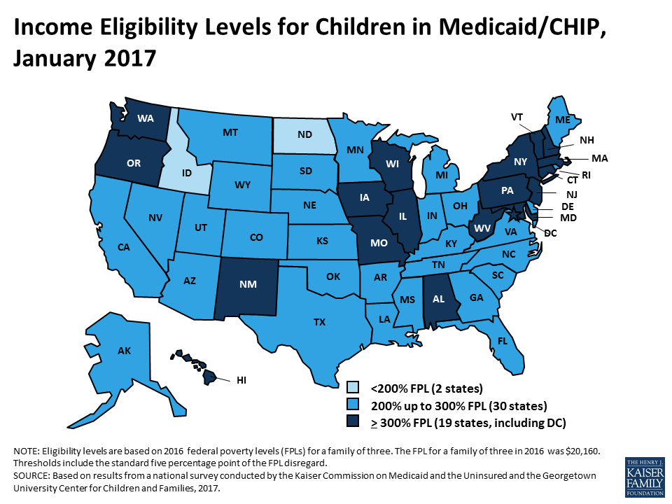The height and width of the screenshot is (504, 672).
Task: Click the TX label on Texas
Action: click(319, 323)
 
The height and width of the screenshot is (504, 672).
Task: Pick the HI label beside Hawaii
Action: click(241, 380)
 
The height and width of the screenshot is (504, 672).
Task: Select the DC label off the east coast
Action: click(550, 232)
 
